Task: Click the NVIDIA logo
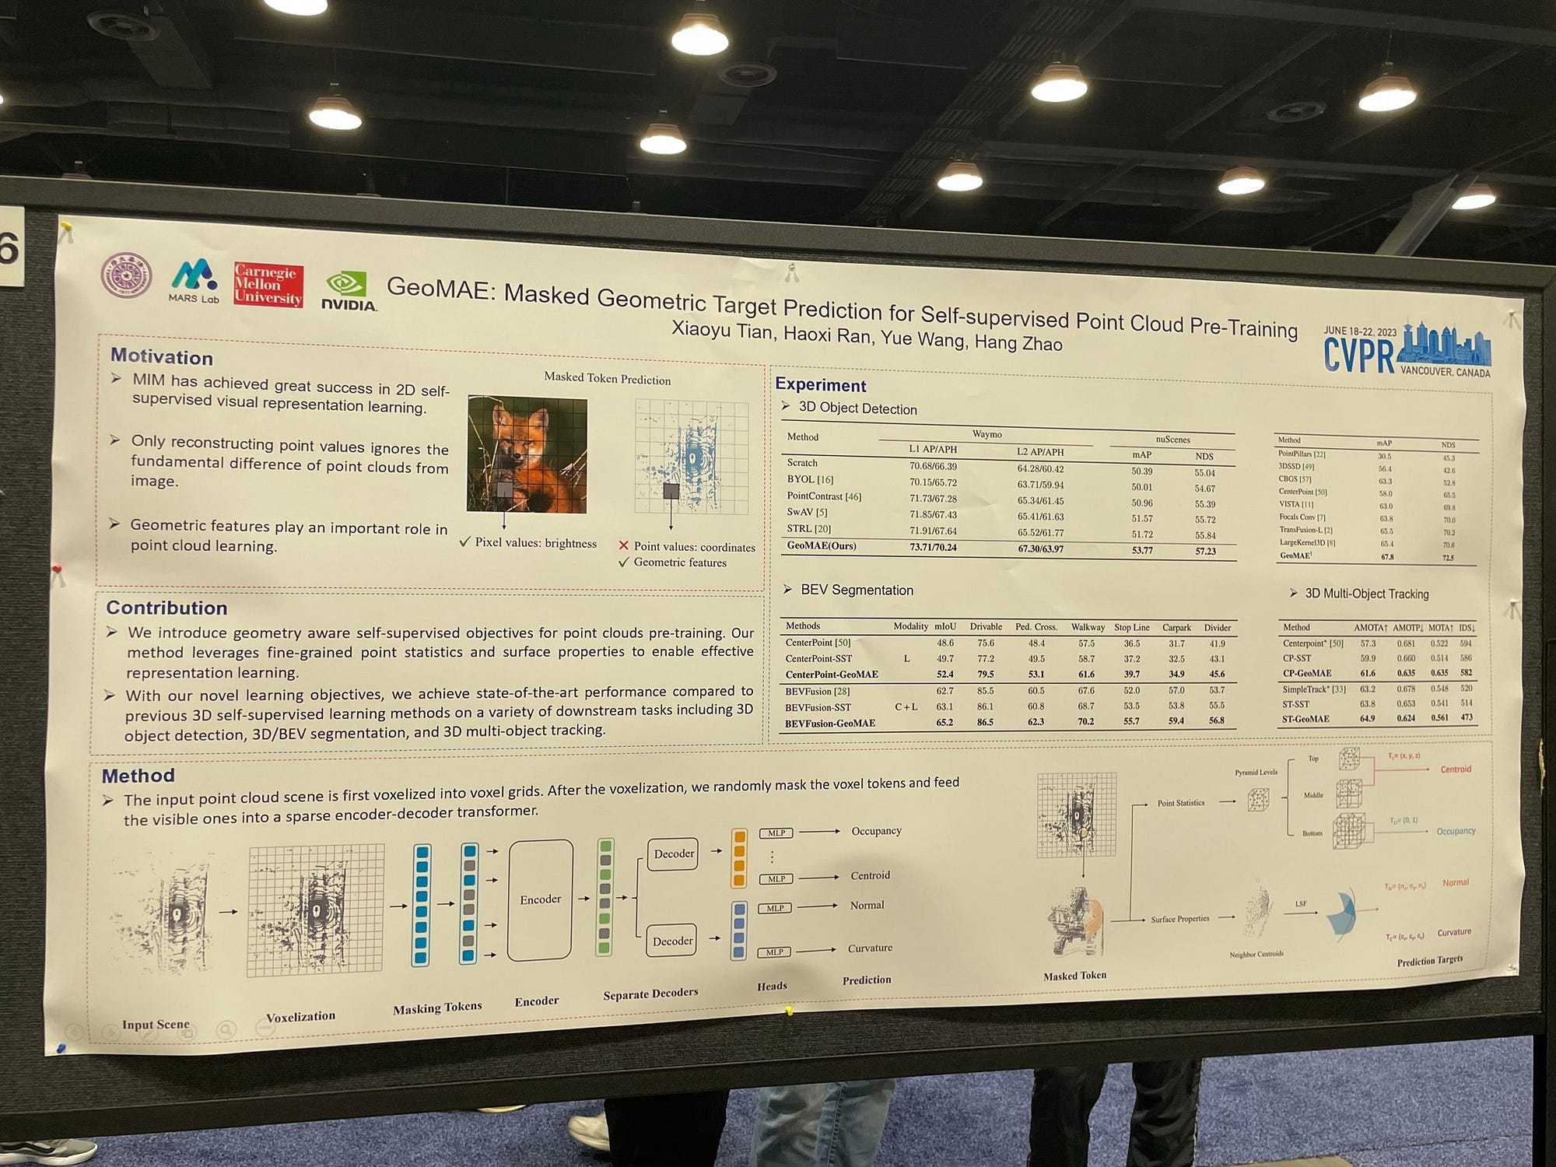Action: (x=349, y=292)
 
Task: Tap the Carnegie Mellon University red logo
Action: (x=268, y=285)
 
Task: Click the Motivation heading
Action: (x=161, y=357)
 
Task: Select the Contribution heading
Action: (x=166, y=608)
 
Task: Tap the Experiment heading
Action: (x=820, y=385)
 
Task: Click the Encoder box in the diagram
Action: (x=540, y=899)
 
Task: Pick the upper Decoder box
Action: (x=673, y=854)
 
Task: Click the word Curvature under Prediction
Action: (x=870, y=948)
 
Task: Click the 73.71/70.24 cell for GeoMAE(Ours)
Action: (x=933, y=548)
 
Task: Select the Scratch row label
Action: (x=802, y=463)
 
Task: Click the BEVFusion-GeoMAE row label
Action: (x=829, y=723)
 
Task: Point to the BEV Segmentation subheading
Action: (x=856, y=591)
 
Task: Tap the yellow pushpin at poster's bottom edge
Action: (x=789, y=1011)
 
